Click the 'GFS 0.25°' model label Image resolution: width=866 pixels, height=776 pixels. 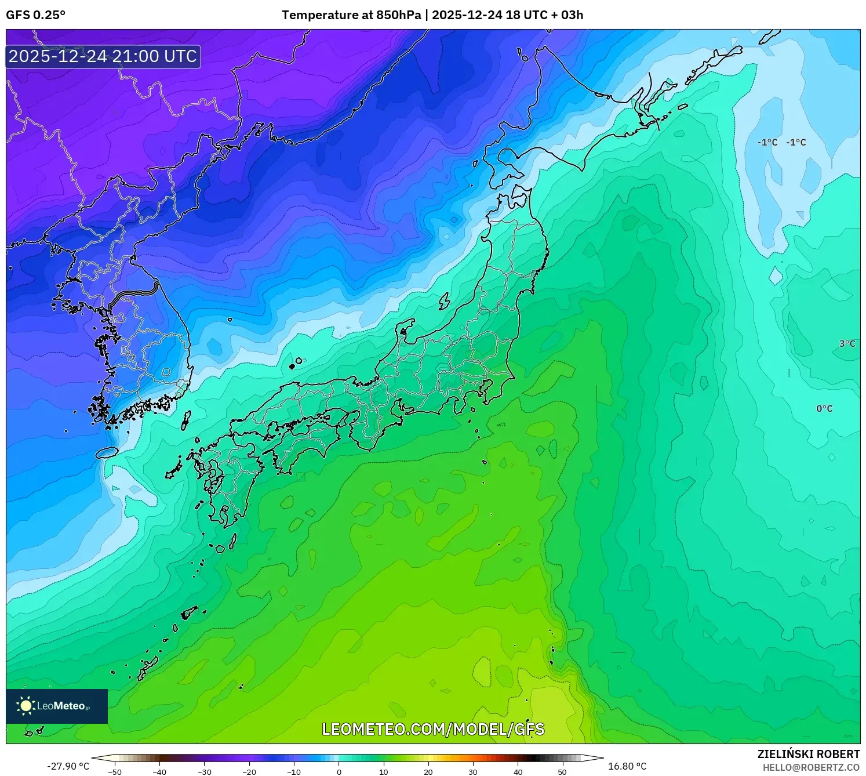pyautogui.click(x=35, y=15)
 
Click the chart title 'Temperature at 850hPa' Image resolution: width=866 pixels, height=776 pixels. pyautogui.click(x=351, y=15)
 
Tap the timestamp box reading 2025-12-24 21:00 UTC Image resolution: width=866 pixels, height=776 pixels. pyautogui.click(x=103, y=56)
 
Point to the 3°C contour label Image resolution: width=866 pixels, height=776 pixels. pyautogui.click(x=847, y=343)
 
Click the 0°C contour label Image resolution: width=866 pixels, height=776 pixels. pyautogui.click(x=824, y=408)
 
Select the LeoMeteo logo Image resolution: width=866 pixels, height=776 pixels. pyautogui.click(x=57, y=706)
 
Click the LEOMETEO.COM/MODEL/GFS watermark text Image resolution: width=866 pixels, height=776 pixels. pyautogui.click(x=433, y=729)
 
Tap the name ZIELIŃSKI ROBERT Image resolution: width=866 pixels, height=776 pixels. pyautogui.click(x=808, y=754)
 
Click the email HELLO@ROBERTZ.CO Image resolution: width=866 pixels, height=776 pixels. pyautogui.click(x=811, y=767)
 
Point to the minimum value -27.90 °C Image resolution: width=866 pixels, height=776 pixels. pyautogui.click(x=68, y=766)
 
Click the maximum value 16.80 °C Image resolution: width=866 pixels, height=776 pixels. pyautogui.click(x=627, y=766)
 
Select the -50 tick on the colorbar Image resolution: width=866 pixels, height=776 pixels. pyautogui.click(x=115, y=772)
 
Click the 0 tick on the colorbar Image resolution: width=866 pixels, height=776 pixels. pyautogui.click(x=339, y=772)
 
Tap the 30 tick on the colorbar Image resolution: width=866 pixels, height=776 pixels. pyautogui.click(x=473, y=772)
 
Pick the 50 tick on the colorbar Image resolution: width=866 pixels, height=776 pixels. pyautogui.click(x=562, y=772)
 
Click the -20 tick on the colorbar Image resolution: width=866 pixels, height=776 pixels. pyautogui.click(x=249, y=772)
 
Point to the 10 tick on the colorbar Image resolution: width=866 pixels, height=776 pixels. pyautogui.click(x=384, y=772)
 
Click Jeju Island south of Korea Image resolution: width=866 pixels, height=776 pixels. pyautogui.click(x=107, y=452)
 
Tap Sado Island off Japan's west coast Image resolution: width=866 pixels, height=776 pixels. pyautogui.click(x=445, y=301)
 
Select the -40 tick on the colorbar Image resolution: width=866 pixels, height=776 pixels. pyautogui.click(x=159, y=772)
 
